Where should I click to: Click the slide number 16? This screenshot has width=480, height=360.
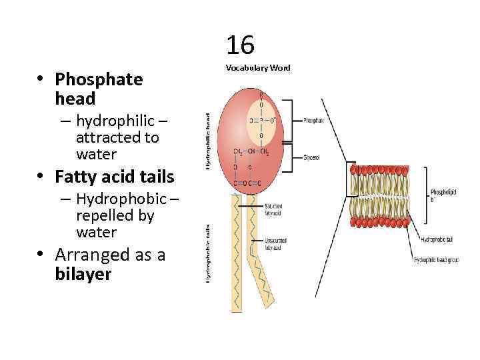pos(240,45)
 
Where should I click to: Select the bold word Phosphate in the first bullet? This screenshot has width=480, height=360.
pos(99,79)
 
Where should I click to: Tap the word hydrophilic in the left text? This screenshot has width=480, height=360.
pos(117,121)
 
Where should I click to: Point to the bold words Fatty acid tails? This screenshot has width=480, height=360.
pos(115,177)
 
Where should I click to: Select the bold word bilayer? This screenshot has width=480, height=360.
pos(83,274)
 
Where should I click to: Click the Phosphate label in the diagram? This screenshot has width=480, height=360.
pos(313,121)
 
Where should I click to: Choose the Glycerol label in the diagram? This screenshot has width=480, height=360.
pos(311,157)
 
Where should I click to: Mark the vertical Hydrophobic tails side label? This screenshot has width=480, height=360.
pos(208,253)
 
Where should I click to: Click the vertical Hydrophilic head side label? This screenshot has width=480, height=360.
pos(208,140)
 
